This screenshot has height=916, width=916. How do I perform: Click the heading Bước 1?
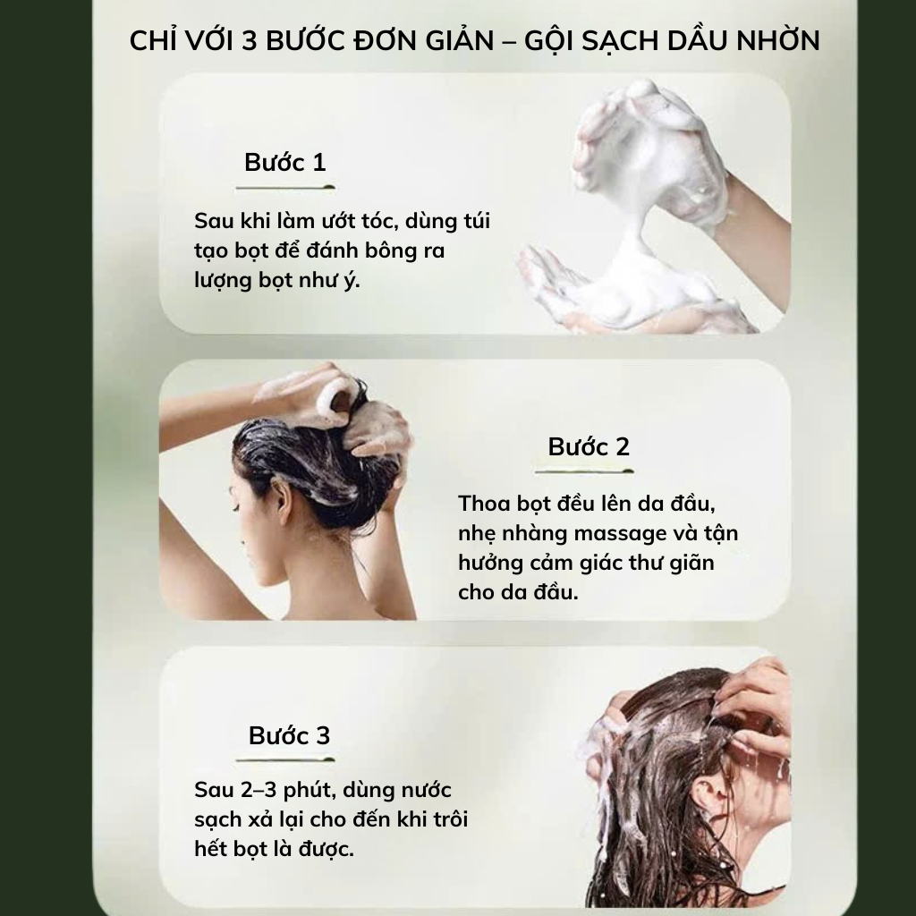tap(285, 163)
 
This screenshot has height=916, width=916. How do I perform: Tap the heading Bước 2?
tap(589, 447)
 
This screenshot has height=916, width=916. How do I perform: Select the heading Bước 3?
tap(289, 735)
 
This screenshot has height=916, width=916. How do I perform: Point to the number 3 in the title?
tap(250, 41)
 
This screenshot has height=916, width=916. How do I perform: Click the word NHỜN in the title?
tap(778, 39)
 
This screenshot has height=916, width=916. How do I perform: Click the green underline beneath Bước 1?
tap(285, 188)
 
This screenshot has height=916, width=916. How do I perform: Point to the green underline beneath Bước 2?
tap(584, 471)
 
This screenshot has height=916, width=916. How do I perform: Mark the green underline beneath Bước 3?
tap(285, 760)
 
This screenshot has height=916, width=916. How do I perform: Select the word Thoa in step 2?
tap(484, 504)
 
